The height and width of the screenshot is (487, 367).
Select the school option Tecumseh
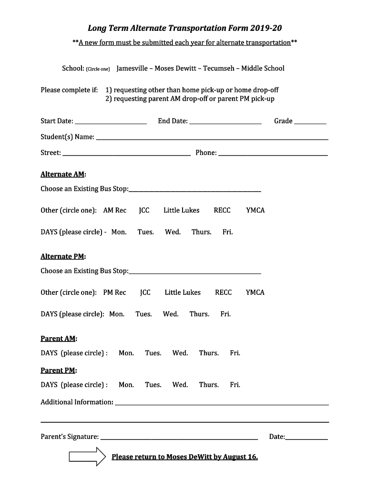(219, 68)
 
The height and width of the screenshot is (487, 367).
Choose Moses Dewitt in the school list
(175, 68)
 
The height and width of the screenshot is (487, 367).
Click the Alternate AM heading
(63, 175)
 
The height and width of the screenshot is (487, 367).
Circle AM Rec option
(115, 210)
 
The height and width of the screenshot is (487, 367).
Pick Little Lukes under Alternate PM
(183, 292)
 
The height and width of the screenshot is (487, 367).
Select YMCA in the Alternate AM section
(255, 210)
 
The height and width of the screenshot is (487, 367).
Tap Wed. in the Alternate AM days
(173, 232)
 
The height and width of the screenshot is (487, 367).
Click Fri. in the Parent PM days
(235, 385)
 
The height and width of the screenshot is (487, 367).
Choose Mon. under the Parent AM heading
(126, 353)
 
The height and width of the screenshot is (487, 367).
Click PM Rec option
(114, 292)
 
